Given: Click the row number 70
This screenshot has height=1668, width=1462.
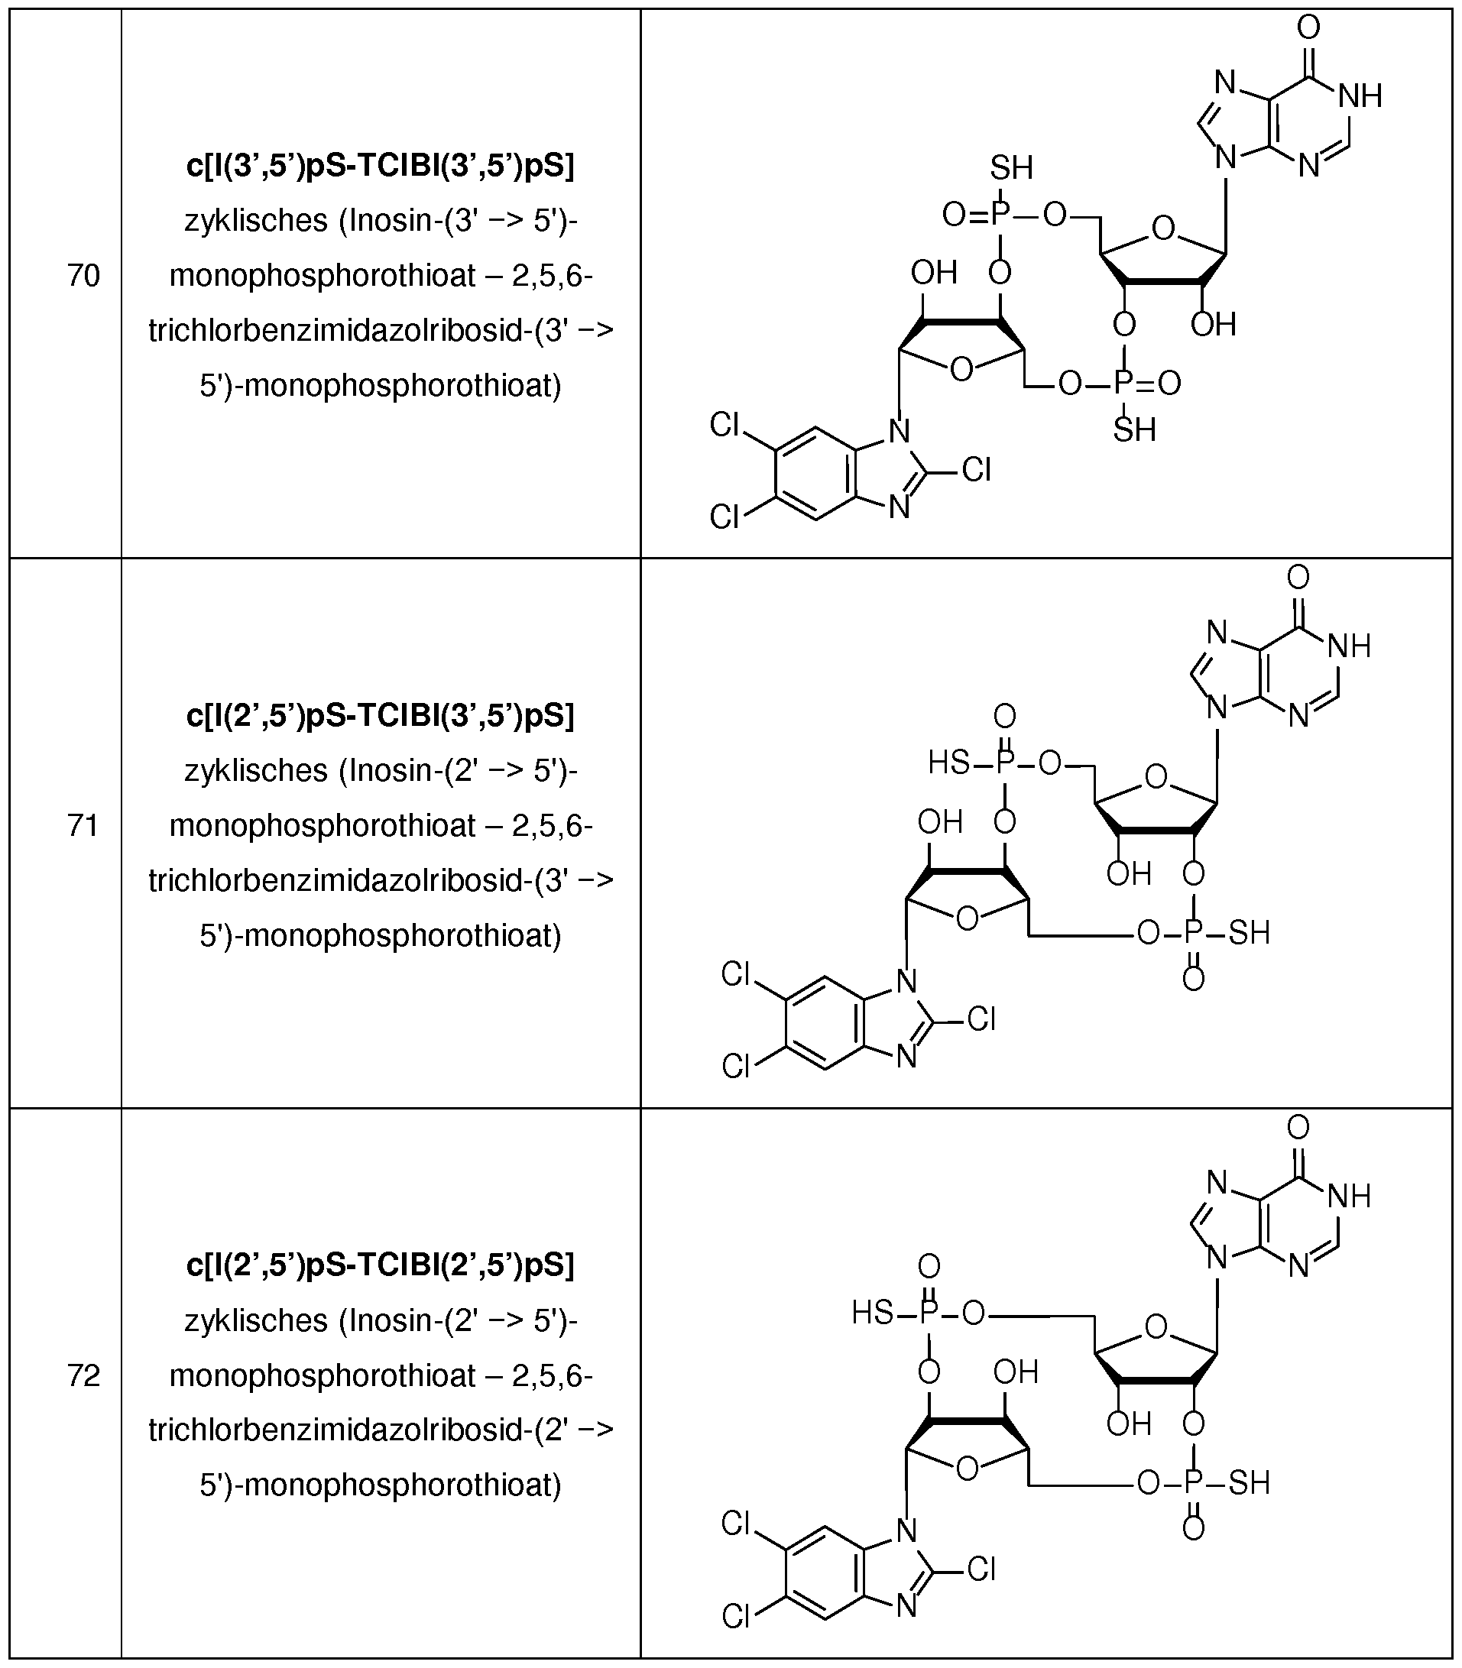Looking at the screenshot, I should [83, 276].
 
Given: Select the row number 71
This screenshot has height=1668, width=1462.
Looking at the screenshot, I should [83, 825].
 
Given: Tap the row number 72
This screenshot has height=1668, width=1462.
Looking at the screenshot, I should [83, 1375].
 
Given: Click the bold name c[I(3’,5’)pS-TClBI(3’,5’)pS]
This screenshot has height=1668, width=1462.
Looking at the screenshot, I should [380, 166].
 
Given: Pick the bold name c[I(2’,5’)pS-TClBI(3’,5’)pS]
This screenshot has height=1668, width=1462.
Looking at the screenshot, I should [380, 715].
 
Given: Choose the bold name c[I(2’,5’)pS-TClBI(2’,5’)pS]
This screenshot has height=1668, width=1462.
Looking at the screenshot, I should [380, 1265].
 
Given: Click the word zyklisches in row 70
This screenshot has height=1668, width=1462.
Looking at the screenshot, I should [255, 221].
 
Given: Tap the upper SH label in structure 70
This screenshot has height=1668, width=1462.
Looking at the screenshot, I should [1012, 168].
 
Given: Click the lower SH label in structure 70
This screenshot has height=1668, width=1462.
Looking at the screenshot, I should [1134, 430].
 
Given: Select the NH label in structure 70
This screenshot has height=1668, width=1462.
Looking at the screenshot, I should [1360, 96].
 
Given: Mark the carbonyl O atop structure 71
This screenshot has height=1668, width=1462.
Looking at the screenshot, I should [1298, 578].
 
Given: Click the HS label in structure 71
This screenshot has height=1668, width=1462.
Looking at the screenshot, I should [949, 763].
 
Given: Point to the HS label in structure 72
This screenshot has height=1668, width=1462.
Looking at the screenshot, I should [872, 1313].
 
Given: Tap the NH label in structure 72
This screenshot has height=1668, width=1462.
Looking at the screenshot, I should [1350, 1196].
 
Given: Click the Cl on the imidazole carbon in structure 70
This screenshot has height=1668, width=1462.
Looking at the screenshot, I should [977, 470].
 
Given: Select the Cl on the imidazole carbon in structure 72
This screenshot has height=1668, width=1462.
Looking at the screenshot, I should [981, 1569].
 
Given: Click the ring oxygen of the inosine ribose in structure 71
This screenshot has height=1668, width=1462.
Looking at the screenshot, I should [1156, 776].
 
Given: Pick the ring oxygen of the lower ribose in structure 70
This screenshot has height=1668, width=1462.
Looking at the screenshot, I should [962, 370].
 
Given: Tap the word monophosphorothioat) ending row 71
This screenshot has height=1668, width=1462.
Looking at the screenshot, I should [403, 935].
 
